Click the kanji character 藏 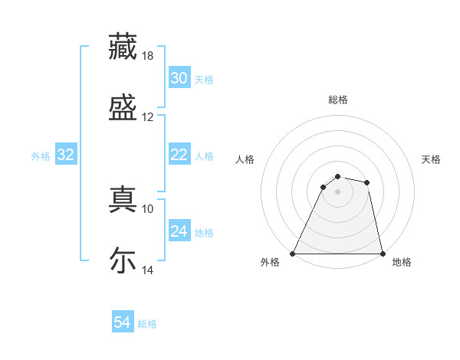click(123, 47)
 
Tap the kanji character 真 click(123, 199)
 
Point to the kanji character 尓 click(123, 260)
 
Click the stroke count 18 click(149, 56)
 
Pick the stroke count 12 click(148, 117)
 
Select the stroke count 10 click(148, 208)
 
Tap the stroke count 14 click(148, 270)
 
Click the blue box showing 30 click(179, 78)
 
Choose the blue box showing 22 click(179, 155)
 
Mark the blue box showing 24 click(179, 231)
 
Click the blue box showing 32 click(66, 155)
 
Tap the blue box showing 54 click(123, 323)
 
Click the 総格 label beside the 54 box click(147, 324)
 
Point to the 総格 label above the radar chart click(338, 100)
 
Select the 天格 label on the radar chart click(431, 159)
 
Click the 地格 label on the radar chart click(402, 262)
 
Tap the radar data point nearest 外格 click(293, 253)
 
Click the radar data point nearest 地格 click(382, 253)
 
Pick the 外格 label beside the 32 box click(41, 155)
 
